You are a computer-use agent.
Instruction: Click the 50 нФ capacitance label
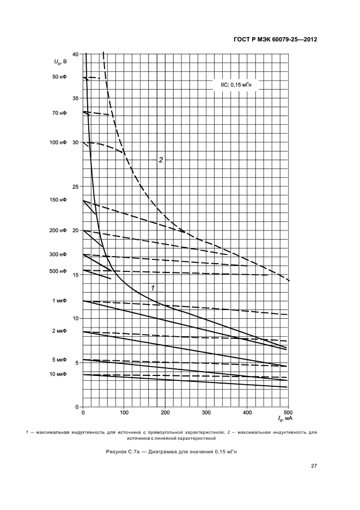[59, 77]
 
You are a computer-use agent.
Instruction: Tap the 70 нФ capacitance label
[59, 113]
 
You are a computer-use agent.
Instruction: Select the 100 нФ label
[57, 142]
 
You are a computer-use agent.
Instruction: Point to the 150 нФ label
[57, 200]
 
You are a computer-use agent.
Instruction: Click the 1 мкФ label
[59, 301]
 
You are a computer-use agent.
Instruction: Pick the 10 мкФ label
[58, 374]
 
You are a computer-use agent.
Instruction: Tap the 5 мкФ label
[59, 360]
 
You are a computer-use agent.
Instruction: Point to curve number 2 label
[161, 160]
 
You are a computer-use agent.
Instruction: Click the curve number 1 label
[153, 287]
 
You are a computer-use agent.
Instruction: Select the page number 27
[314, 466]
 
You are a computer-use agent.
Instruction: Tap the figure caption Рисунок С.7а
[171, 452]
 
